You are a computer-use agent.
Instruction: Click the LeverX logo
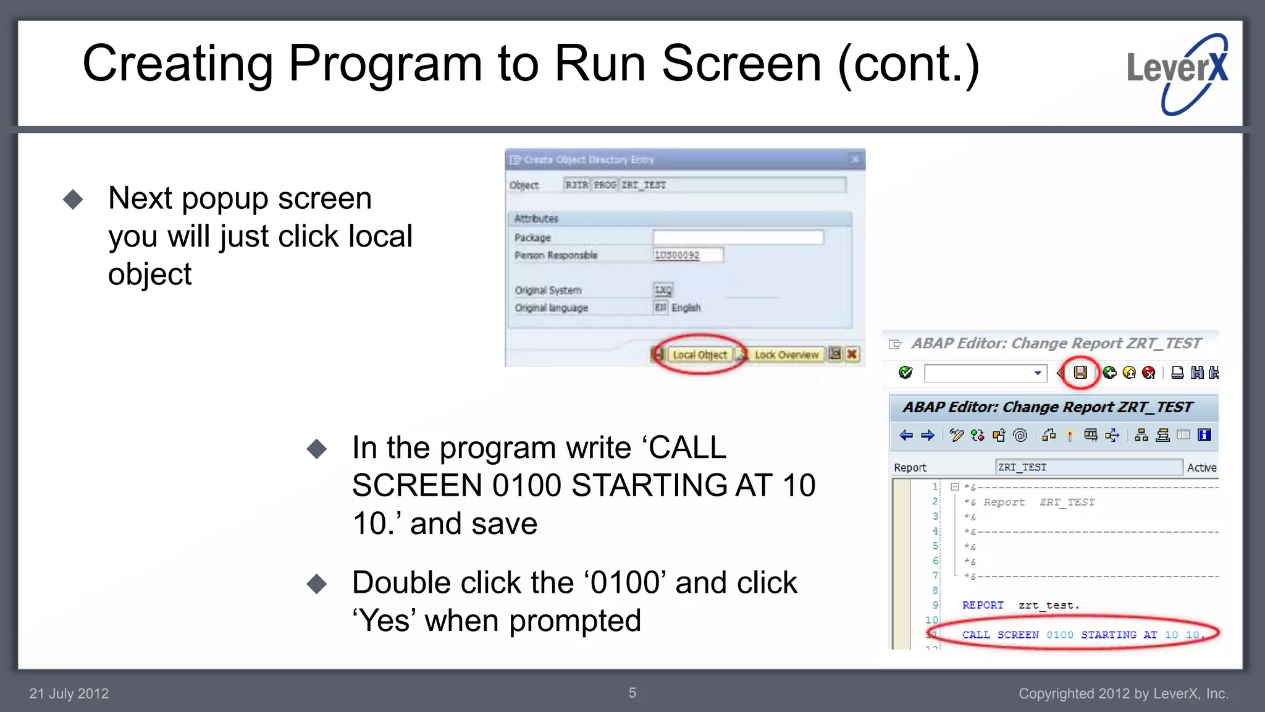pos(1177,74)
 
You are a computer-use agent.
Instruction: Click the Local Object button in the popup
pos(699,355)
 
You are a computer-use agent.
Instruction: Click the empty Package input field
pos(738,237)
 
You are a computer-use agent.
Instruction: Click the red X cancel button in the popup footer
pos(852,354)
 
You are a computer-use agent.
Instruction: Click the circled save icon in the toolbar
pos(1080,373)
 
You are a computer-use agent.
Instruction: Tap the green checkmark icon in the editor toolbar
pos(906,372)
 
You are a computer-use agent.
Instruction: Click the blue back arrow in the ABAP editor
pos(906,436)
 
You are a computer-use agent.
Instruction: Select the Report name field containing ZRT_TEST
pos(1088,467)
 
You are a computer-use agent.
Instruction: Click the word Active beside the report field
pos(1201,468)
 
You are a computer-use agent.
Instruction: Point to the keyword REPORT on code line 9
pos(983,605)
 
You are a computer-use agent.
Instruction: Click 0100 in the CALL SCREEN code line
pos(1060,635)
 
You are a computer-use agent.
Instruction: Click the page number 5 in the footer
pos(632,693)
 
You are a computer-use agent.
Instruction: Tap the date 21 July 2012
pos(69,693)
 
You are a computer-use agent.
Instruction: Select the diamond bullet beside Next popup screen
pos(73,199)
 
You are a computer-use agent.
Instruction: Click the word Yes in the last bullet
pos(384,621)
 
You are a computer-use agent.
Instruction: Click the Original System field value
pos(663,290)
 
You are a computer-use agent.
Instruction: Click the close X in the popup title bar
pos(855,159)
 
